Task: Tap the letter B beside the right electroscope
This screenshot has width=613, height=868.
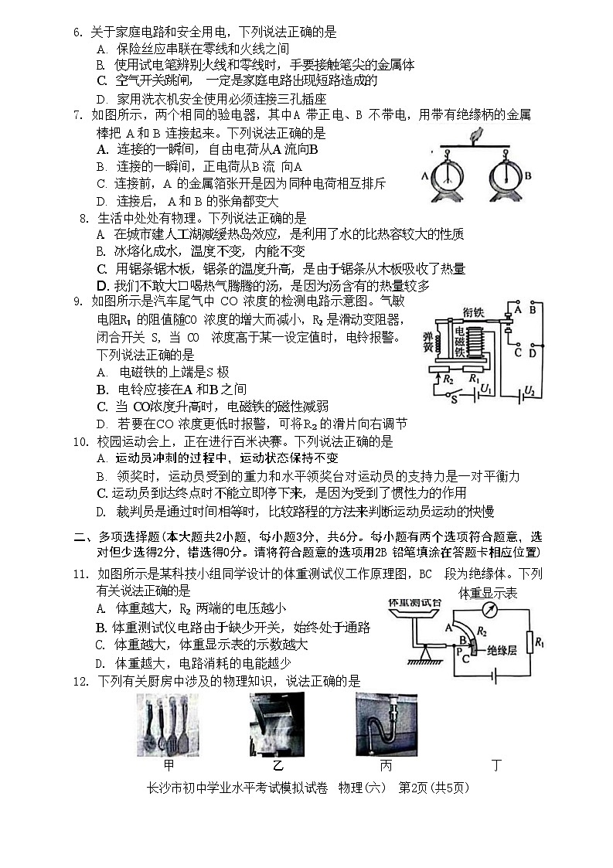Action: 529,175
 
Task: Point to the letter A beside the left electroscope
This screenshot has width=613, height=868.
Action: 424,175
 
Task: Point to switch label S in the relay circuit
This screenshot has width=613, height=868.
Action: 455,400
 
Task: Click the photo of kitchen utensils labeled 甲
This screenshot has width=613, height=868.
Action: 167,723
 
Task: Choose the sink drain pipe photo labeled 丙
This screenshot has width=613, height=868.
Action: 386,723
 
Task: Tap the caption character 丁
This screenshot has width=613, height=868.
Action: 496,765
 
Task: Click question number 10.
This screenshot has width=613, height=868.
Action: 80,442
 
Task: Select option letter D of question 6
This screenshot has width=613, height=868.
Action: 100,99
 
